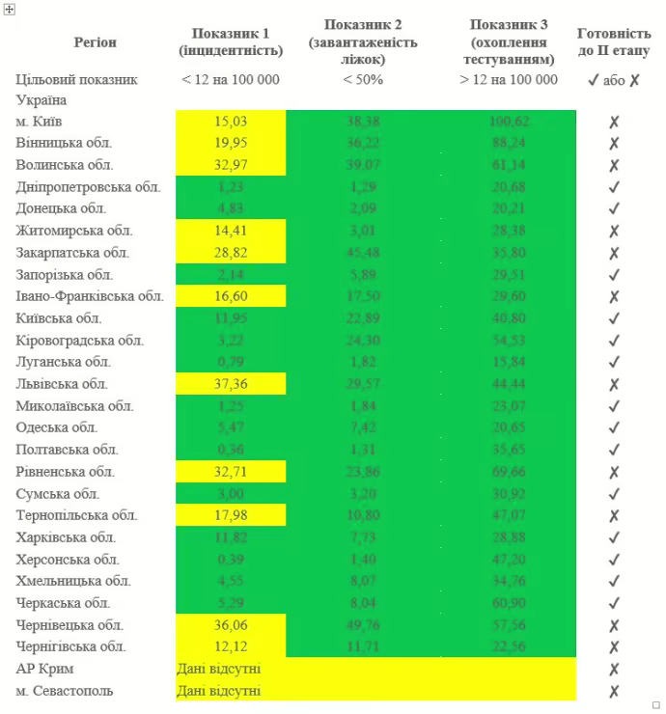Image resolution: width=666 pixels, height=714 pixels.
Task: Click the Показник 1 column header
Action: [231, 42]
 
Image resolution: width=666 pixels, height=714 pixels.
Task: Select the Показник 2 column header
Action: [363, 42]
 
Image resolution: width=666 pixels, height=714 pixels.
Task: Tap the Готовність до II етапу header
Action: [614, 42]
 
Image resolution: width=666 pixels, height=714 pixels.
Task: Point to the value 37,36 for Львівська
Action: [231, 384]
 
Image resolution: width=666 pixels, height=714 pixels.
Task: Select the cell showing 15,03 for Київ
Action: [231, 122]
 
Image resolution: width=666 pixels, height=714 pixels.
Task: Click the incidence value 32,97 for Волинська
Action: [231, 165]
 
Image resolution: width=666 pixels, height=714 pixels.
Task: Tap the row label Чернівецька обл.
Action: [69, 624]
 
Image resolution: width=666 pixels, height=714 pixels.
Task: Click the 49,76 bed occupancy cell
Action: [363, 624]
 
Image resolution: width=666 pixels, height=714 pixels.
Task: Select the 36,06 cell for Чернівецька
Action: [231, 624]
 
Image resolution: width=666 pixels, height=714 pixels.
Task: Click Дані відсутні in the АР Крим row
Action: [218, 669]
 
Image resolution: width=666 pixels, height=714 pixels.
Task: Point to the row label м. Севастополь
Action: [65, 691]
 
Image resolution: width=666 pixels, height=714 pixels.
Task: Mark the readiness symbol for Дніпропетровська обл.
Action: [614, 187]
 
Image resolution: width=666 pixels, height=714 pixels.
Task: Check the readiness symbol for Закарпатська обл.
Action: [614, 253]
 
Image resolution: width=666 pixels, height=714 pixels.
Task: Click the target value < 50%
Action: [363, 79]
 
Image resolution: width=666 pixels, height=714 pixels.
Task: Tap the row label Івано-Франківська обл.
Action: [90, 296]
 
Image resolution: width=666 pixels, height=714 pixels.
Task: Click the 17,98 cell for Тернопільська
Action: [231, 515]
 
